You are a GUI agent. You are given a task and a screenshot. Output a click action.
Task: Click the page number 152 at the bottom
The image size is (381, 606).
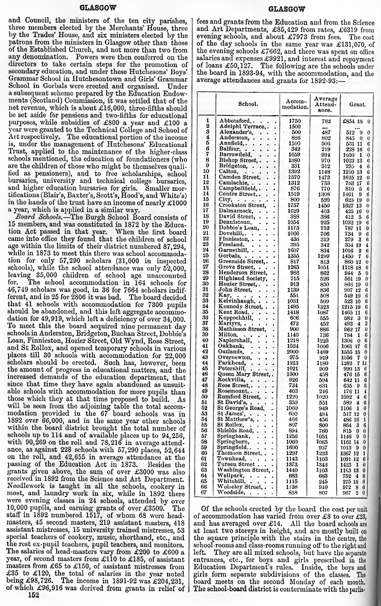33,595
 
